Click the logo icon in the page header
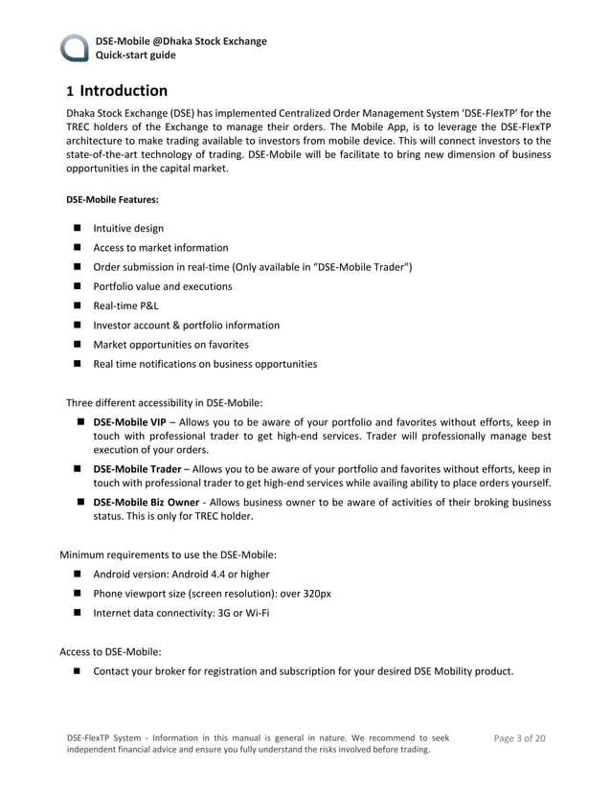tap(76, 48)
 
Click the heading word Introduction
tap(124, 92)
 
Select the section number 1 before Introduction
tap(69, 93)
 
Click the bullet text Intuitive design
tap(128, 228)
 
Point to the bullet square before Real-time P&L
tap(77, 305)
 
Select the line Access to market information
tap(160, 247)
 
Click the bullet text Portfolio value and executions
tap(162, 286)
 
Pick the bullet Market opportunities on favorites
tap(170, 344)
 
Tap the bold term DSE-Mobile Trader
tap(137, 469)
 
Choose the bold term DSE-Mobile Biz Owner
tap(146, 502)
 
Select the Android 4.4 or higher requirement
tap(181, 575)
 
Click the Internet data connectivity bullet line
tap(181, 613)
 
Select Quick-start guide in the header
tap(135, 55)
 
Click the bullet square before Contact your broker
tap(77, 671)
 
